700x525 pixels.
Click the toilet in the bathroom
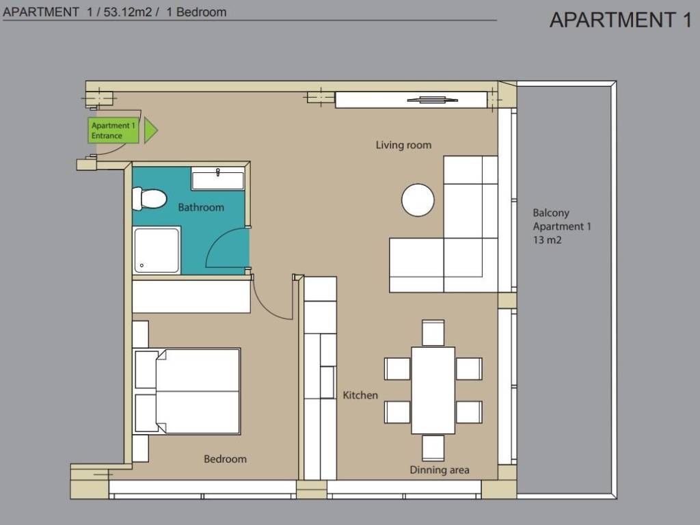pos(149,199)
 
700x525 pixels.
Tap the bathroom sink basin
pos(218,179)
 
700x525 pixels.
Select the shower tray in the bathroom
pos(157,250)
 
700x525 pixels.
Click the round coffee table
pos(418,200)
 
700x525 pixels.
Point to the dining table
pos(433,390)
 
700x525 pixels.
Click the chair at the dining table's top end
pos(433,333)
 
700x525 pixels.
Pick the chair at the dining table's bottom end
pos(433,448)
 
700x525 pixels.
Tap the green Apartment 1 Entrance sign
pos(113,131)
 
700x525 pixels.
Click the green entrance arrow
pos(151,131)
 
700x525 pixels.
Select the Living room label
pos(403,145)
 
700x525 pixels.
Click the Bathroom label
pos(201,207)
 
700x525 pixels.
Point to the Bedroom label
pos(225,459)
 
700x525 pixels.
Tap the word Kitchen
pos(360,395)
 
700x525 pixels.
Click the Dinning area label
pos(440,470)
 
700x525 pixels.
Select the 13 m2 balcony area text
pos(548,240)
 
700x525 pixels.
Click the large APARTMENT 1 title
pos(621,20)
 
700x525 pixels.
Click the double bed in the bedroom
pos(187,392)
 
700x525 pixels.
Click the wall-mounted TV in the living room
pos(433,100)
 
